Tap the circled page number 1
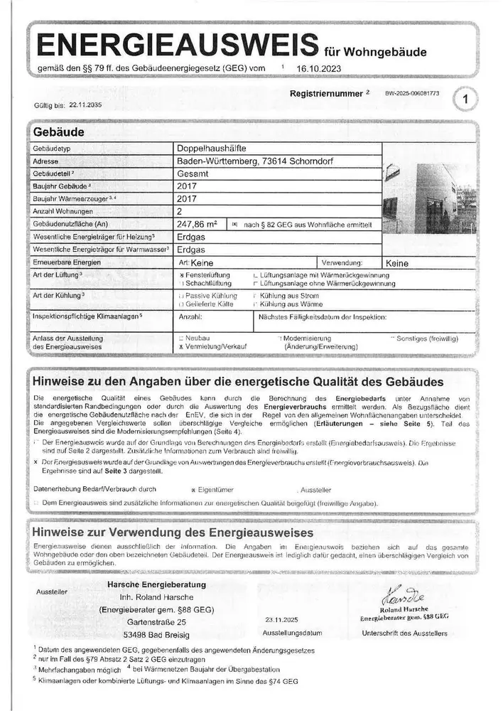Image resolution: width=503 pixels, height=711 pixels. [465, 100]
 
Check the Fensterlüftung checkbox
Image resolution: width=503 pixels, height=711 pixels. [183, 274]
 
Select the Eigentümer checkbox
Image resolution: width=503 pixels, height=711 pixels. [194, 491]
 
